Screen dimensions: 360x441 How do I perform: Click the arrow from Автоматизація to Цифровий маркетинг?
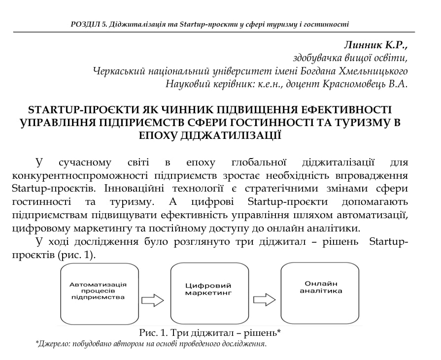click(152, 300)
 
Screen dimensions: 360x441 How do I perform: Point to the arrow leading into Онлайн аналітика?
click(264, 300)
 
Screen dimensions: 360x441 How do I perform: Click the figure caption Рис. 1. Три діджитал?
click(210, 333)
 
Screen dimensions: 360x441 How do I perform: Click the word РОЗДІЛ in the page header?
click(86, 24)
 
